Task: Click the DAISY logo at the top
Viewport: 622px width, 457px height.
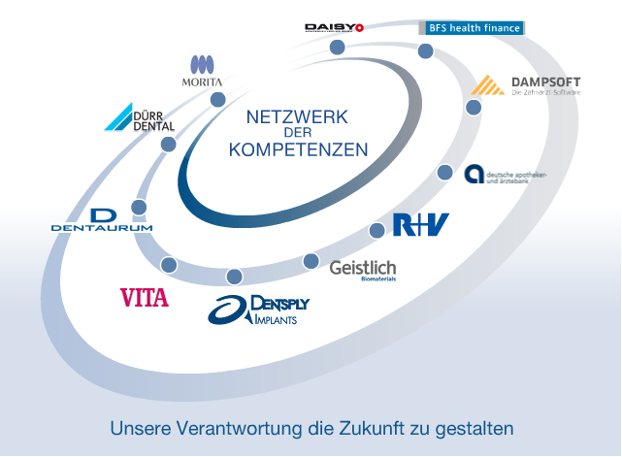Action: click(x=333, y=27)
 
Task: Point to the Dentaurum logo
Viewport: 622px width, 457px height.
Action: click(x=102, y=221)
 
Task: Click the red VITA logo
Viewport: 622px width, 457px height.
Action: click(x=144, y=297)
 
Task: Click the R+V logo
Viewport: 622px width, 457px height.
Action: click(x=421, y=225)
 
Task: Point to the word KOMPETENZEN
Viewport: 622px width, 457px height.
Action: click(x=298, y=150)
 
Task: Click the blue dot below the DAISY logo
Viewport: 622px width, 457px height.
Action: click(x=337, y=48)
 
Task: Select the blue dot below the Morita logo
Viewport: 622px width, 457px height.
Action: click(x=217, y=99)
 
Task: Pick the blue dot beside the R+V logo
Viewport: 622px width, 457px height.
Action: click(x=376, y=230)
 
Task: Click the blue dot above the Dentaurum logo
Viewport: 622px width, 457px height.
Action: click(x=139, y=207)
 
